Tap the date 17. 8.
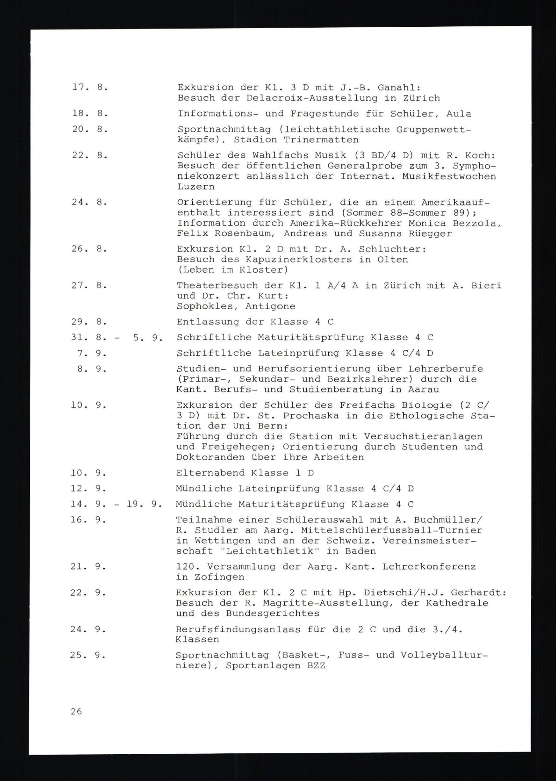pyautogui.click(x=90, y=87)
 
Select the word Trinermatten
pyautogui.click(x=321, y=140)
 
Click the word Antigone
pyautogui.click(x=270, y=306)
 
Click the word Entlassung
pyautogui.click(x=208, y=322)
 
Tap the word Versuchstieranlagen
pyautogui.click(x=423, y=436)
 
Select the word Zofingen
pyautogui.click(x=219, y=577)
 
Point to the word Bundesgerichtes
pyautogui.click(x=272, y=614)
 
